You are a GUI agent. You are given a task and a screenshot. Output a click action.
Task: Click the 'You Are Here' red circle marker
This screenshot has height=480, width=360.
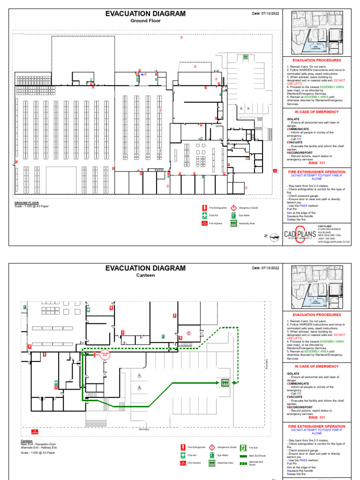[x=105, y=355]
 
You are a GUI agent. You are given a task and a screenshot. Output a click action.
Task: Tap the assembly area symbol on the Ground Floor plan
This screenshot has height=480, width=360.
[x=245, y=57]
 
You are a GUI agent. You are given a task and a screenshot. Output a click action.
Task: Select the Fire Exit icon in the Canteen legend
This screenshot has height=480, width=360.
[x=243, y=447]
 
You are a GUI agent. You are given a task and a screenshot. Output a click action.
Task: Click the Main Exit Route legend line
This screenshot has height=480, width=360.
[x=243, y=455]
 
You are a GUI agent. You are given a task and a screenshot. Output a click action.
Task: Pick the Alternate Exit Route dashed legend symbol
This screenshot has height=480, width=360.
[x=243, y=463]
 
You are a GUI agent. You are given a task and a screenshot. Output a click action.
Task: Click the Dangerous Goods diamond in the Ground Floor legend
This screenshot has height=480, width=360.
[x=233, y=207]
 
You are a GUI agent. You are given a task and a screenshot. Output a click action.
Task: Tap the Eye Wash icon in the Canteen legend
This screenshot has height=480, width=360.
[x=212, y=455]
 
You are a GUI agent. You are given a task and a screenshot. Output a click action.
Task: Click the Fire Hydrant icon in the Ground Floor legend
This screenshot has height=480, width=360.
[x=204, y=224]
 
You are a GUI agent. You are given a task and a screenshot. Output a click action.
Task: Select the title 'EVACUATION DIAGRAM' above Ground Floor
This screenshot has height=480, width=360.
[x=145, y=14]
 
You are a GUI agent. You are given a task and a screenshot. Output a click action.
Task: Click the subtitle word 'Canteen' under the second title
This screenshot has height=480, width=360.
[x=145, y=275]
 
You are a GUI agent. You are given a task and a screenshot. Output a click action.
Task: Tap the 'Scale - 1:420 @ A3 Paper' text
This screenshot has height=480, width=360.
[x=31, y=206]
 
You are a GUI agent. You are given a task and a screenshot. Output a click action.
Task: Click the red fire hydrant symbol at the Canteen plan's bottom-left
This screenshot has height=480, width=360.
[x=34, y=431]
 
